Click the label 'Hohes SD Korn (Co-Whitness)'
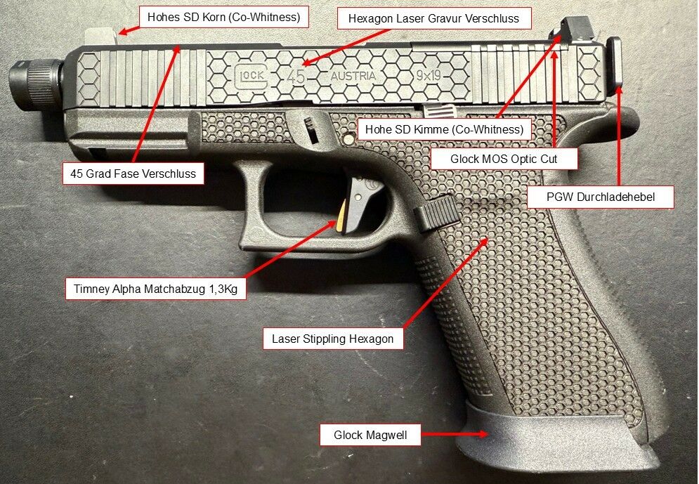tap(224, 18)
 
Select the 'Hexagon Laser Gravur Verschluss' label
tap(433, 19)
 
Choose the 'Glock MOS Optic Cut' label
tap(504, 159)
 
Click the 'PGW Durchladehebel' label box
tap(600, 197)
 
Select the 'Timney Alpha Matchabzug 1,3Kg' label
tap(155, 289)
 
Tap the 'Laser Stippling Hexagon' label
tap(332, 339)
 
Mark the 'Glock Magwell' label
tap(370, 436)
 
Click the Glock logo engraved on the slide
tap(251, 74)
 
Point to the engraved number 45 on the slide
tap(296, 77)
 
